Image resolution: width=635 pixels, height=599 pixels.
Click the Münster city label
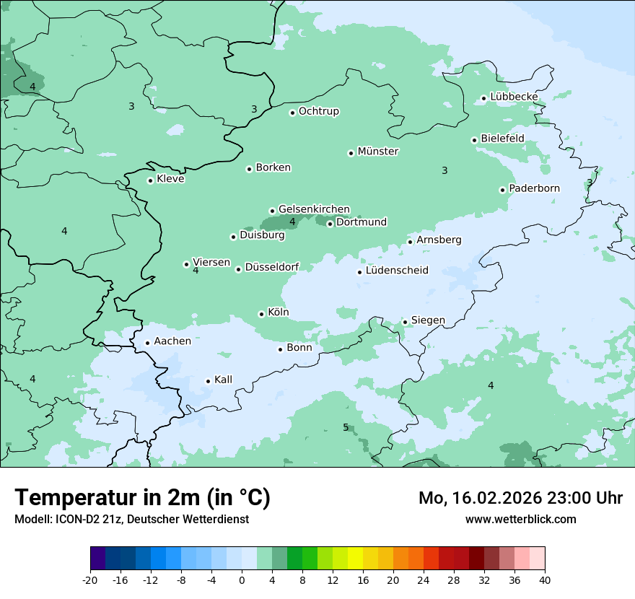[378, 152]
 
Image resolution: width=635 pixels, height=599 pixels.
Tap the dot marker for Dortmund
[330, 224]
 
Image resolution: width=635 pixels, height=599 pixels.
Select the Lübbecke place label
[514, 97]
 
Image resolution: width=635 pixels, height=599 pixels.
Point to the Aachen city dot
[147, 344]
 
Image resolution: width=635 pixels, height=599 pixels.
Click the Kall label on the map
[224, 380]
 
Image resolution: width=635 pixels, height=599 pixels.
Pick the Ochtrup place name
[319, 111]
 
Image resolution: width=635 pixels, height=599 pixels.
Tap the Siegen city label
[428, 320]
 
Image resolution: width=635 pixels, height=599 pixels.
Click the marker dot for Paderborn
[502, 190]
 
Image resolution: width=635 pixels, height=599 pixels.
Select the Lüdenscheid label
[397, 271]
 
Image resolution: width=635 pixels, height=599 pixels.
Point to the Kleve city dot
[150, 180]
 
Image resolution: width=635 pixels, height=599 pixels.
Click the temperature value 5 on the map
[346, 427]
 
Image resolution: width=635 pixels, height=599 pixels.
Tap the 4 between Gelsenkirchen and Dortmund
[292, 222]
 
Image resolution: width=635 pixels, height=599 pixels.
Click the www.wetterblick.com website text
[520, 519]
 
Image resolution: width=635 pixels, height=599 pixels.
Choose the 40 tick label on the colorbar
[545, 580]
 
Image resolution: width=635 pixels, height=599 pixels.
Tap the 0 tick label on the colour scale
[242, 580]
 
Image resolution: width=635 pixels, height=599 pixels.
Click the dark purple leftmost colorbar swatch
[97, 559]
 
